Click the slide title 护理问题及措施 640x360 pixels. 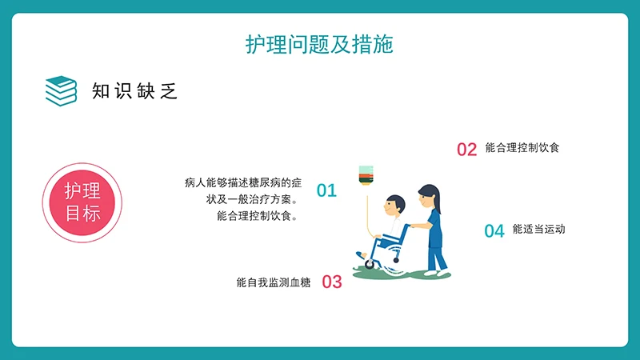(319, 45)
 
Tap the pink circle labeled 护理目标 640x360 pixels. (82, 202)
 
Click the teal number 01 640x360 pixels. (326, 190)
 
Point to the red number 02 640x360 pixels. (466, 149)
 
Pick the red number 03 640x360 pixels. (331, 282)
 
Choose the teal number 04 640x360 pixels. (494, 231)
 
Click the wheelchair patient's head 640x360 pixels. (391, 208)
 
